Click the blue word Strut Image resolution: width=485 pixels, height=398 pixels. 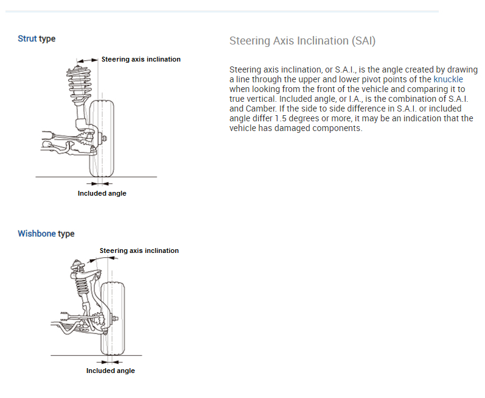tap(27, 39)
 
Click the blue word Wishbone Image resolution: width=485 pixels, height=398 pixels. tap(37, 234)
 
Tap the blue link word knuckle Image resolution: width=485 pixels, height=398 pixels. tap(448, 79)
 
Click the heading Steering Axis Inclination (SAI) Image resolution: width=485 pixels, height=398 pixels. tap(302, 41)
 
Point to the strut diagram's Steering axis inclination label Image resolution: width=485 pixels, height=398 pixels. tap(141, 59)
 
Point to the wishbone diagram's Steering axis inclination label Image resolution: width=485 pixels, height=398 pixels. tap(139, 251)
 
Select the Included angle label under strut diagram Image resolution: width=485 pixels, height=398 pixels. tap(102, 193)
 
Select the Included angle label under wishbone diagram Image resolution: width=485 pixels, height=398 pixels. tap(110, 371)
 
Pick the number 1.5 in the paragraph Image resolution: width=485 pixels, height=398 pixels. tap(281, 118)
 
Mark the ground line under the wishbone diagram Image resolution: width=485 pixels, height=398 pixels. tap(67, 355)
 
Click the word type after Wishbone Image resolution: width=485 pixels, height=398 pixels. tap(66, 234)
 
